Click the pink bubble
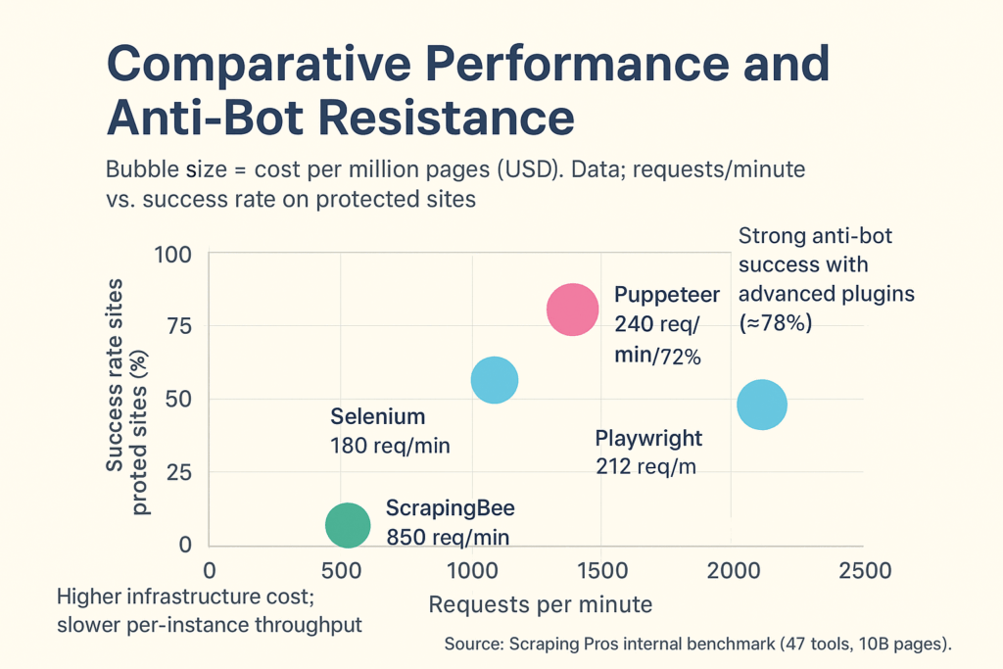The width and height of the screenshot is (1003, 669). pyautogui.click(x=572, y=310)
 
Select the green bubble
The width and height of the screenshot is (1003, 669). pyautogui.click(x=348, y=525)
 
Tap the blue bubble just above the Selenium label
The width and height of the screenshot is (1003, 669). pyautogui.click(x=495, y=380)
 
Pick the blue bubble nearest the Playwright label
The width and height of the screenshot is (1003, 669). pyautogui.click(x=761, y=405)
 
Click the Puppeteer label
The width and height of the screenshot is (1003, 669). pyautogui.click(x=666, y=295)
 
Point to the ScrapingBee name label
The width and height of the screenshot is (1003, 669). pyautogui.click(x=450, y=508)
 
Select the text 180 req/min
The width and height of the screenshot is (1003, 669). pyautogui.click(x=391, y=446)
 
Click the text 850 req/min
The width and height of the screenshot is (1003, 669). pyautogui.click(x=448, y=537)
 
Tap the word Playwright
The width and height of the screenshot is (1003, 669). pyautogui.click(x=648, y=438)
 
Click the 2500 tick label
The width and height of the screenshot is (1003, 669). pyautogui.click(x=863, y=571)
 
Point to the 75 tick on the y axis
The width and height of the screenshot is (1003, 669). pyautogui.click(x=180, y=326)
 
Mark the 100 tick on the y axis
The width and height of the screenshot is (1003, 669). pyautogui.click(x=174, y=254)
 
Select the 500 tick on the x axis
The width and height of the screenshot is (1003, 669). pyautogui.click(x=341, y=571)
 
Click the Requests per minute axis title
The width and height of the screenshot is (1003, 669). pyautogui.click(x=540, y=604)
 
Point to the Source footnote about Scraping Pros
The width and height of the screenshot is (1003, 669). pyautogui.click(x=697, y=644)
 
